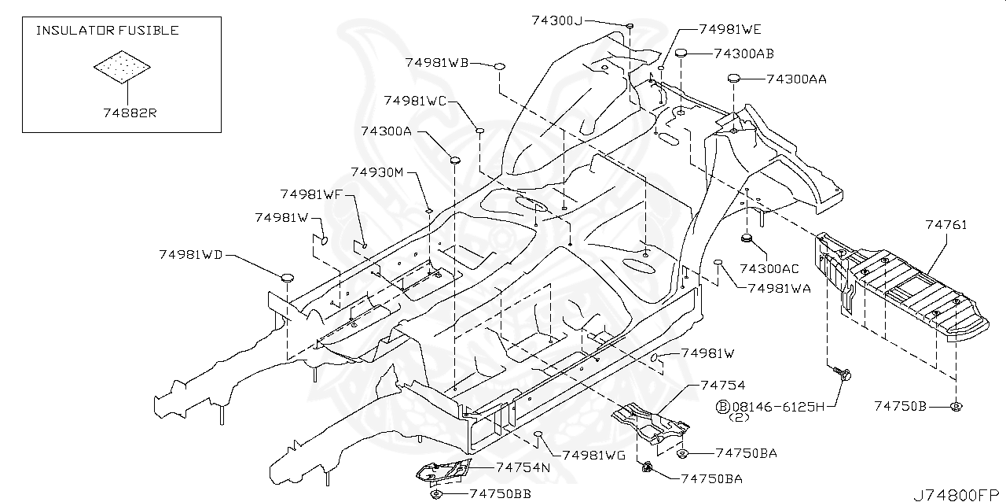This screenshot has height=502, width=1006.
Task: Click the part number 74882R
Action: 130,113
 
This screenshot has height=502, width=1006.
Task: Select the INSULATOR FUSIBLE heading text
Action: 108,31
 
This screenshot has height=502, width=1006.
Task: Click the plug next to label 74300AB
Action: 681,54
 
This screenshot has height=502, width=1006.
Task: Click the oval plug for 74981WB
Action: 499,68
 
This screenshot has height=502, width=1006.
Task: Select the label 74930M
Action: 376,172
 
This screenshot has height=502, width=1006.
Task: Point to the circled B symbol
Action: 723,406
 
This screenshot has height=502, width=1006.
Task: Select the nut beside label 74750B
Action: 956,406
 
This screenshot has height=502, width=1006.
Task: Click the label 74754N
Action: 523,467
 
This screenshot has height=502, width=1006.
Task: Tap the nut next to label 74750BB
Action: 435,494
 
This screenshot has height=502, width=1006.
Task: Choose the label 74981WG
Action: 594,455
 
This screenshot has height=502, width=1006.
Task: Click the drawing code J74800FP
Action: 958,494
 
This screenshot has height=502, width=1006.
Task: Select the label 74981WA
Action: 779,289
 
